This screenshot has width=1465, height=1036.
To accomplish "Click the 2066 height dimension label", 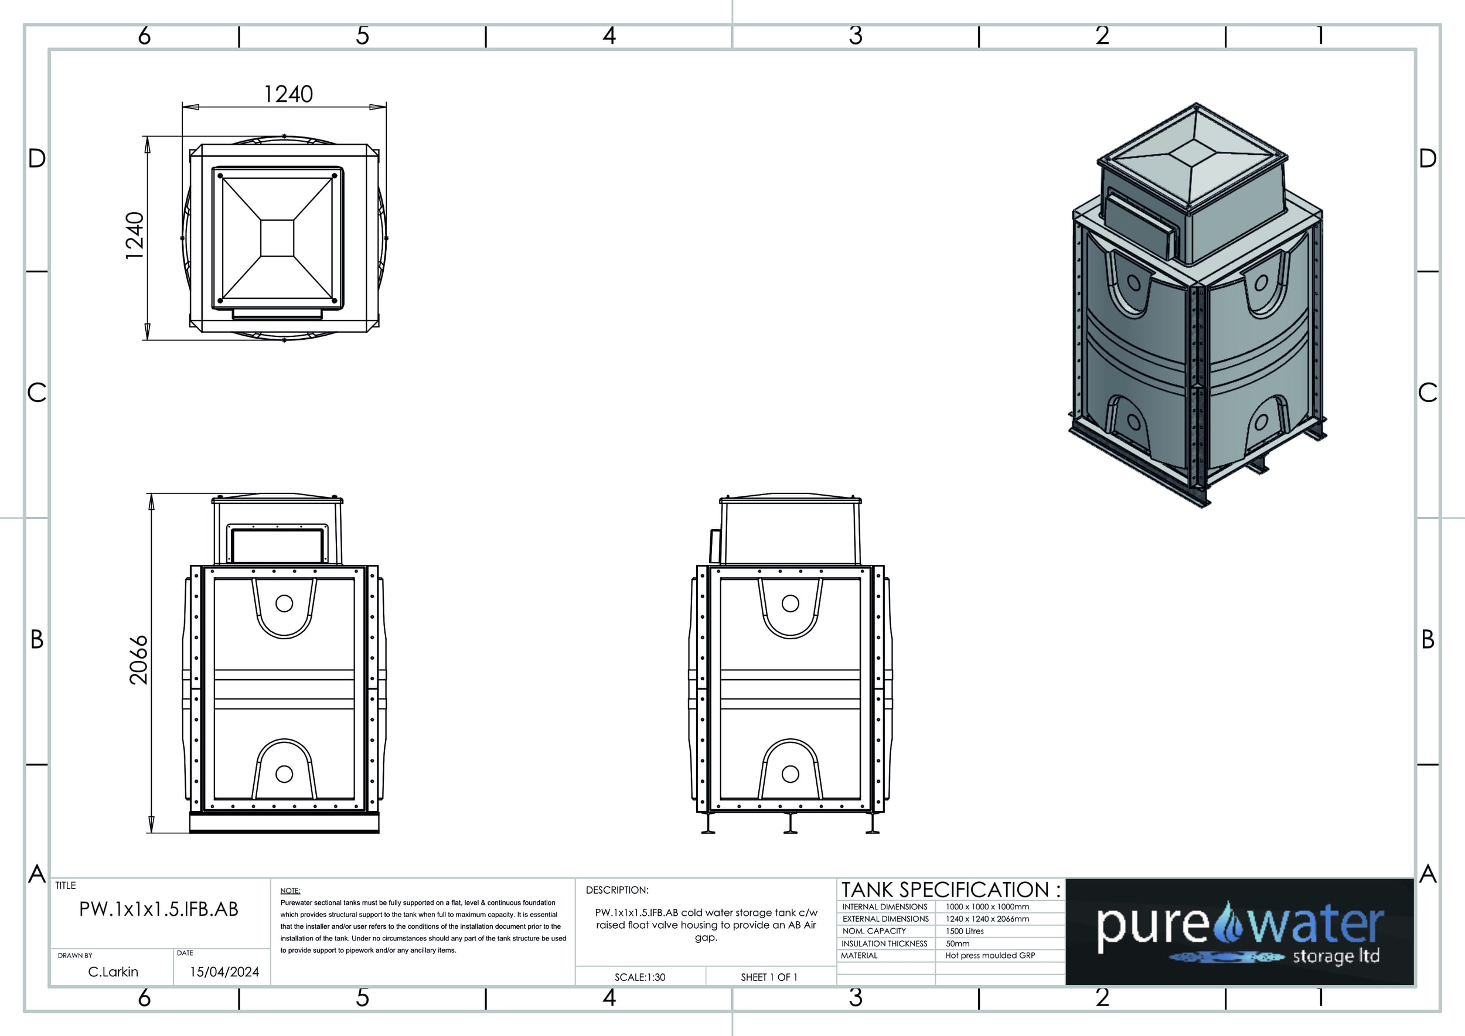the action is [x=138, y=660].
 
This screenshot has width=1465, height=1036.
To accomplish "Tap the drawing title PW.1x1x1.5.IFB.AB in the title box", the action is [x=159, y=909].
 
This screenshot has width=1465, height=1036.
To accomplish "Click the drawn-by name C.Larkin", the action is [x=113, y=972].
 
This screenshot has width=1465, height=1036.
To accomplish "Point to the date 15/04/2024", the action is [x=224, y=972].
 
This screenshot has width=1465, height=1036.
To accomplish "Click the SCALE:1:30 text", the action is [x=640, y=977].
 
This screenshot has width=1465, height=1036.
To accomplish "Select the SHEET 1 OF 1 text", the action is [x=769, y=977].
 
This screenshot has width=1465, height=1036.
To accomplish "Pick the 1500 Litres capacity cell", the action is [x=965, y=931].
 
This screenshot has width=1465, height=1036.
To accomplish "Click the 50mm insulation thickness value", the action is [x=957, y=943].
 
